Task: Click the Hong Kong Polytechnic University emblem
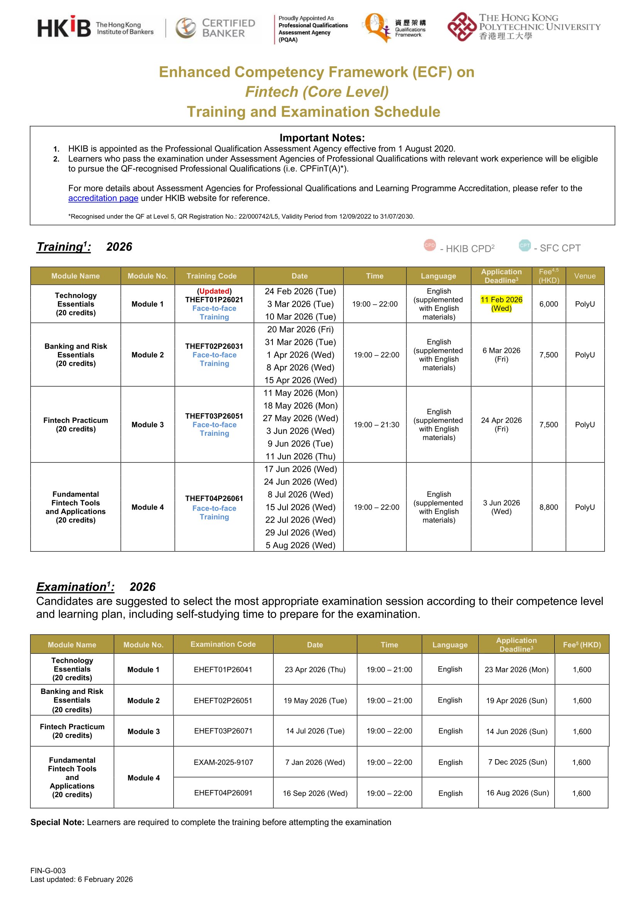(461, 27)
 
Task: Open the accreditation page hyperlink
(103, 198)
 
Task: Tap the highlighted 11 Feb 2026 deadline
(501, 304)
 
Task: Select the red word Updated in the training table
(214, 291)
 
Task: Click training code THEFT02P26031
(214, 346)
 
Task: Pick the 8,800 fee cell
(548, 507)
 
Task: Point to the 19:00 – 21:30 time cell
(376, 424)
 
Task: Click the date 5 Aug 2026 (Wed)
(300, 545)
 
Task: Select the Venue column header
(585, 276)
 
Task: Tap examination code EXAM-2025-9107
(223, 762)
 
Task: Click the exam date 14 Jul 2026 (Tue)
(315, 731)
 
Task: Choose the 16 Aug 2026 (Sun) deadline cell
(517, 793)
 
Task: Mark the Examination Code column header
(223, 644)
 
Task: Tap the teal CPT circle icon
(524, 245)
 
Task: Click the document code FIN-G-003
(48, 871)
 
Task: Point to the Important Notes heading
(322, 138)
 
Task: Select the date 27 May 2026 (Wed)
(300, 418)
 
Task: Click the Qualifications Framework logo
(394, 27)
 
